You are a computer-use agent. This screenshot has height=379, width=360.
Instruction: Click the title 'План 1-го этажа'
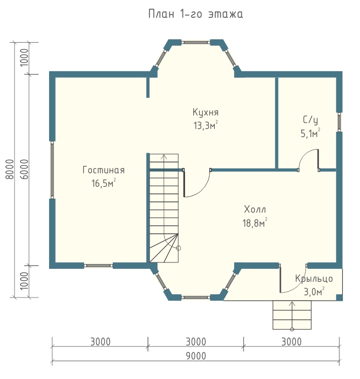pos(195,14)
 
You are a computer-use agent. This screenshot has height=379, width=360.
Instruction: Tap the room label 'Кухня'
pos(206,112)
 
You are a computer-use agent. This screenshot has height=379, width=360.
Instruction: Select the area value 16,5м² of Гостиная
pos(104,183)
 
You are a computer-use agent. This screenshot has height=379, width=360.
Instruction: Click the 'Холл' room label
pos(255,209)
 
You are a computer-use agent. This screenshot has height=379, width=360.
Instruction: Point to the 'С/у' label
pos(310,120)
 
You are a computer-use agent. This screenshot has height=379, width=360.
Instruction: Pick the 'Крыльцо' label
pos(314,279)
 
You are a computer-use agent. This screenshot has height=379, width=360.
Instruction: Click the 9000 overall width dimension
pos(196,356)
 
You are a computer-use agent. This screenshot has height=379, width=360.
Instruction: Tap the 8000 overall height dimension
pos(10,169)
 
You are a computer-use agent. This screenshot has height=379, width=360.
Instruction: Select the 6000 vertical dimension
pos(24,169)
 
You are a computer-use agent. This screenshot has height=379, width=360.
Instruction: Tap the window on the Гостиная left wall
pos(52,170)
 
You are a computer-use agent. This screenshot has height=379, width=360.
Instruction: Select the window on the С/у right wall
pos(339,122)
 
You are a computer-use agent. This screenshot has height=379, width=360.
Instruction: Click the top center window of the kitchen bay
pos(196,43)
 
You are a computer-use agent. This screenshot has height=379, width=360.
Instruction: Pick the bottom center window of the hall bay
pos(196,297)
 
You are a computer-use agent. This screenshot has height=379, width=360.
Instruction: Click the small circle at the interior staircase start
pos(179,248)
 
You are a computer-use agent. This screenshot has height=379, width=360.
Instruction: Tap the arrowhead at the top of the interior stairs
pos(164,157)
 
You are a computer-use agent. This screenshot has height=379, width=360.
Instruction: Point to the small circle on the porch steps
pos(292,329)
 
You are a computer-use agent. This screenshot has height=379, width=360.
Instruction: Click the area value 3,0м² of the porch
pos(314,292)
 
